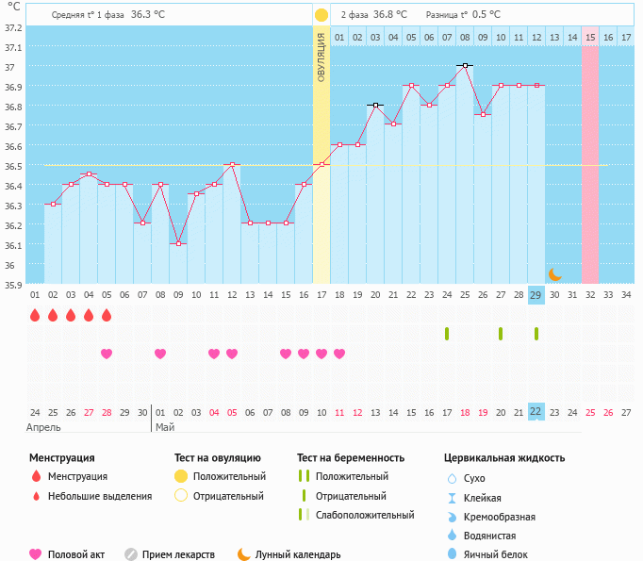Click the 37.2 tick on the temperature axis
[12, 27]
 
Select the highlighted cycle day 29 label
[536, 295]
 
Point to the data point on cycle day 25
[464, 66]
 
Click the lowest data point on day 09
[177, 243]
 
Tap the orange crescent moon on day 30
[554, 274]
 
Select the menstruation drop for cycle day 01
[35, 315]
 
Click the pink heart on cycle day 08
[160, 354]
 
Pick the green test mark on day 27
[500, 334]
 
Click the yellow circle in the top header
[321, 15]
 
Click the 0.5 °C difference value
[486, 15]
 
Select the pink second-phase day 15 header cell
[590, 37]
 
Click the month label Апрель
[45, 427]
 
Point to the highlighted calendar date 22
[536, 411]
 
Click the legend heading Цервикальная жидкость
[504, 458]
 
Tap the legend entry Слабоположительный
[365, 515]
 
